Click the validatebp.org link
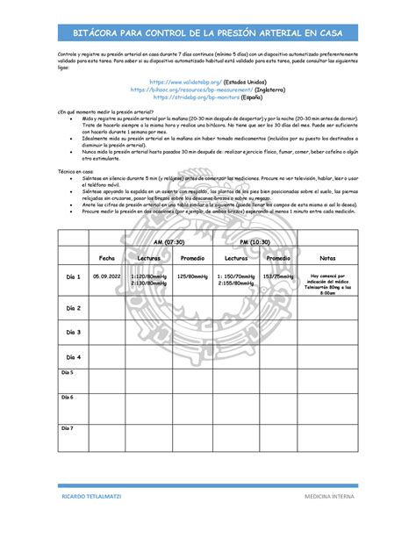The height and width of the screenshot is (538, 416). click(183, 81)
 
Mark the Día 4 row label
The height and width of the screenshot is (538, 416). click(73, 357)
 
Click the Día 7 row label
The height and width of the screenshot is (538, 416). click(68, 427)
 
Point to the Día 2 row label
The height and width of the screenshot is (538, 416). click(73, 308)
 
